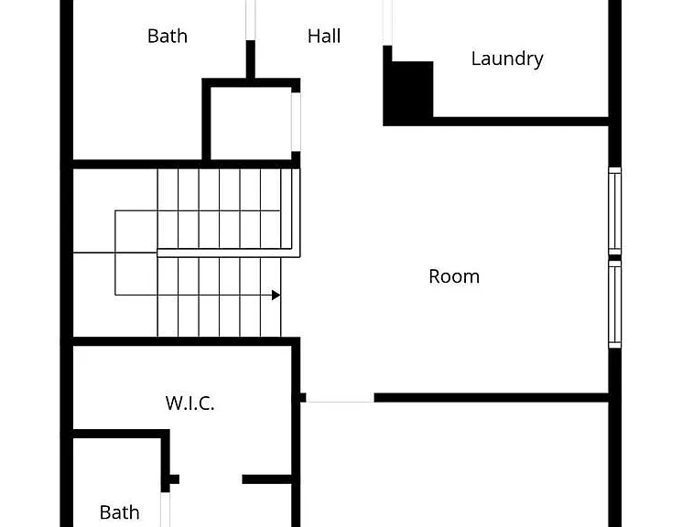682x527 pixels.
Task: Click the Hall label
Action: (x=324, y=36)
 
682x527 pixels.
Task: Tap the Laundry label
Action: (x=507, y=59)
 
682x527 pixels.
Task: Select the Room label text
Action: (x=454, y=276)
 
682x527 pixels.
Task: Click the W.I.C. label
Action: (x=190, y=403)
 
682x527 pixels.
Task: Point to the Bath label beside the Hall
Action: (x=168, y=36)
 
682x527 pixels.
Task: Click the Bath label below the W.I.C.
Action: (x=120, y=512)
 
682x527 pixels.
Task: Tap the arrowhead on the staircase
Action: (x=276, y=296)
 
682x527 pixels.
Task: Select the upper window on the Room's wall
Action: (x=614, y=210)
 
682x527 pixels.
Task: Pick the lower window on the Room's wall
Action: (x=614, y=304)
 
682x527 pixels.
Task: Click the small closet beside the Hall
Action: (x=251, y=124)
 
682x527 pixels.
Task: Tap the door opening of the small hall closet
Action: (x=296, y=122)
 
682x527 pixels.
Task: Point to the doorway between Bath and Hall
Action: (x=251, y=20)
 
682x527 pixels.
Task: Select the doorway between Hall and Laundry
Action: (x=387, y=23)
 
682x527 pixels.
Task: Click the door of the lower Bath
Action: (x=166, y=510)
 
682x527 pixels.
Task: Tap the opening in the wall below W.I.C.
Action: (x=211, y=479)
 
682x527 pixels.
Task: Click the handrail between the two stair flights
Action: (x=228, y=253)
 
